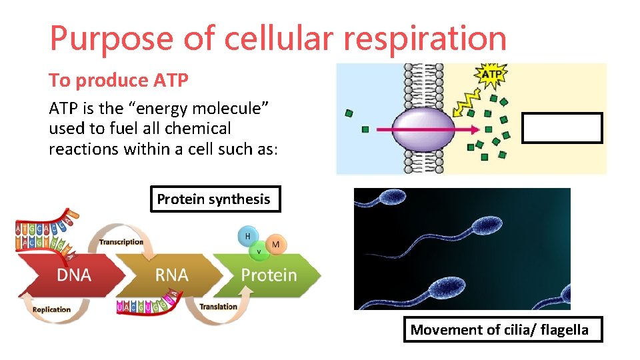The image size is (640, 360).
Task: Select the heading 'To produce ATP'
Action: [x=119, y=81]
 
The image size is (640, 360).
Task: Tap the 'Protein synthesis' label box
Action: [x=214, y=199]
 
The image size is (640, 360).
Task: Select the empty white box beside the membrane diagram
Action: [x=561, y=128]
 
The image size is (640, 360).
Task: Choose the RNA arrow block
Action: [x=171, y=275]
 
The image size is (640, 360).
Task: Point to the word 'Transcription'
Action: [x=121, y=242]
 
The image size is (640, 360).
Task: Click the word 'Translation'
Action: [x=218, y=307]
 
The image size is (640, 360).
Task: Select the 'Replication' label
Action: [x=51, y=309]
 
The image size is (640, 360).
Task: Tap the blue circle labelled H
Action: [x=248, y=236]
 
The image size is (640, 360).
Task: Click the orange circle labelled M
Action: [x=275, y=245]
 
